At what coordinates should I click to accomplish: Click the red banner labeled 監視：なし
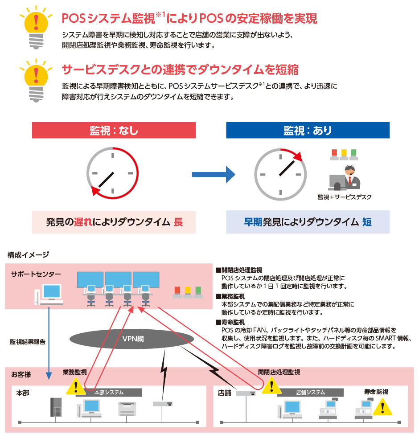(x=114, y=131)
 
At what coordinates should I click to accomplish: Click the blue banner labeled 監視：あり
(x=308, y=131)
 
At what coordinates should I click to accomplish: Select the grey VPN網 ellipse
(x=133, y=338)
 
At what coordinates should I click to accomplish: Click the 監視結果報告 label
(x=28, y=342)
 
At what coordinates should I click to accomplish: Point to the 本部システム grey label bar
(x=109, y=392)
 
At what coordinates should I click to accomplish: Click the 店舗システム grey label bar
(x=310, y=392)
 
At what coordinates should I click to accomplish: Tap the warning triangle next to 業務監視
(x=76, y=385)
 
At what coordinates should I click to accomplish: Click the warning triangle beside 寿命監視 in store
(x=382, y=407)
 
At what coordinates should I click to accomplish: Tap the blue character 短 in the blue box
(x=366, y=222)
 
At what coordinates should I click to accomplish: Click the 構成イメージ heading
(x=28, y=254)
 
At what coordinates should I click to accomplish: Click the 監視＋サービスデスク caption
(x=344, y=196)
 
